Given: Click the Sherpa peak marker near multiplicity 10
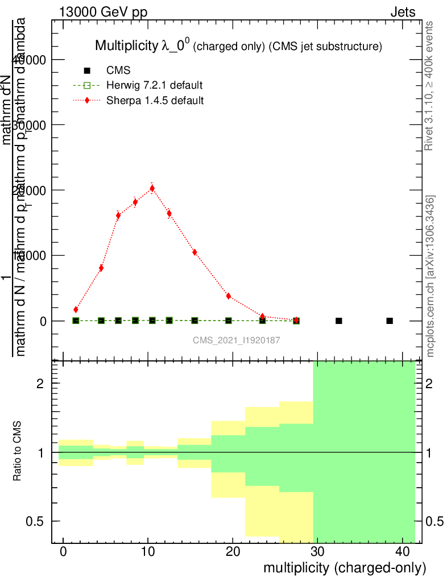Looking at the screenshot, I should click(x=152, y=188).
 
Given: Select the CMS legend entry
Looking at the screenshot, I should click(x=118, y=70).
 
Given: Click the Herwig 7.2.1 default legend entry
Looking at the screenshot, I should click(x=154, y=85).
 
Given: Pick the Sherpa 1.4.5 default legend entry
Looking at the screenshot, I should click(x=155, y=100).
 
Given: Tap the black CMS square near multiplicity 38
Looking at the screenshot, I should click(x=390, y=321).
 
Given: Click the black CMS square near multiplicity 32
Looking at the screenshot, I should click(x=339, y=321).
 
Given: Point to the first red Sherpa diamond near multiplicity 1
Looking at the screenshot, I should click(x=76, y=310).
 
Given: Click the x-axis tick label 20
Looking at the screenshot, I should click(x=233, y=551).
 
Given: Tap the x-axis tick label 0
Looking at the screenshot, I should click(x=63, y=551).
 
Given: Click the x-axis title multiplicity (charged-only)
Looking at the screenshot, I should click(x=344, y=568).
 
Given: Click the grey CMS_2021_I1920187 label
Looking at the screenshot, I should click(x=237, y=340).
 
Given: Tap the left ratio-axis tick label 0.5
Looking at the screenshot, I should click(x=38, y=521).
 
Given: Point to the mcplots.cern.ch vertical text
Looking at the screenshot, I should click(x=431, y=277).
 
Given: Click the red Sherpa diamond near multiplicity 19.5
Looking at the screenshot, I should click(x=228, y=296).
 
